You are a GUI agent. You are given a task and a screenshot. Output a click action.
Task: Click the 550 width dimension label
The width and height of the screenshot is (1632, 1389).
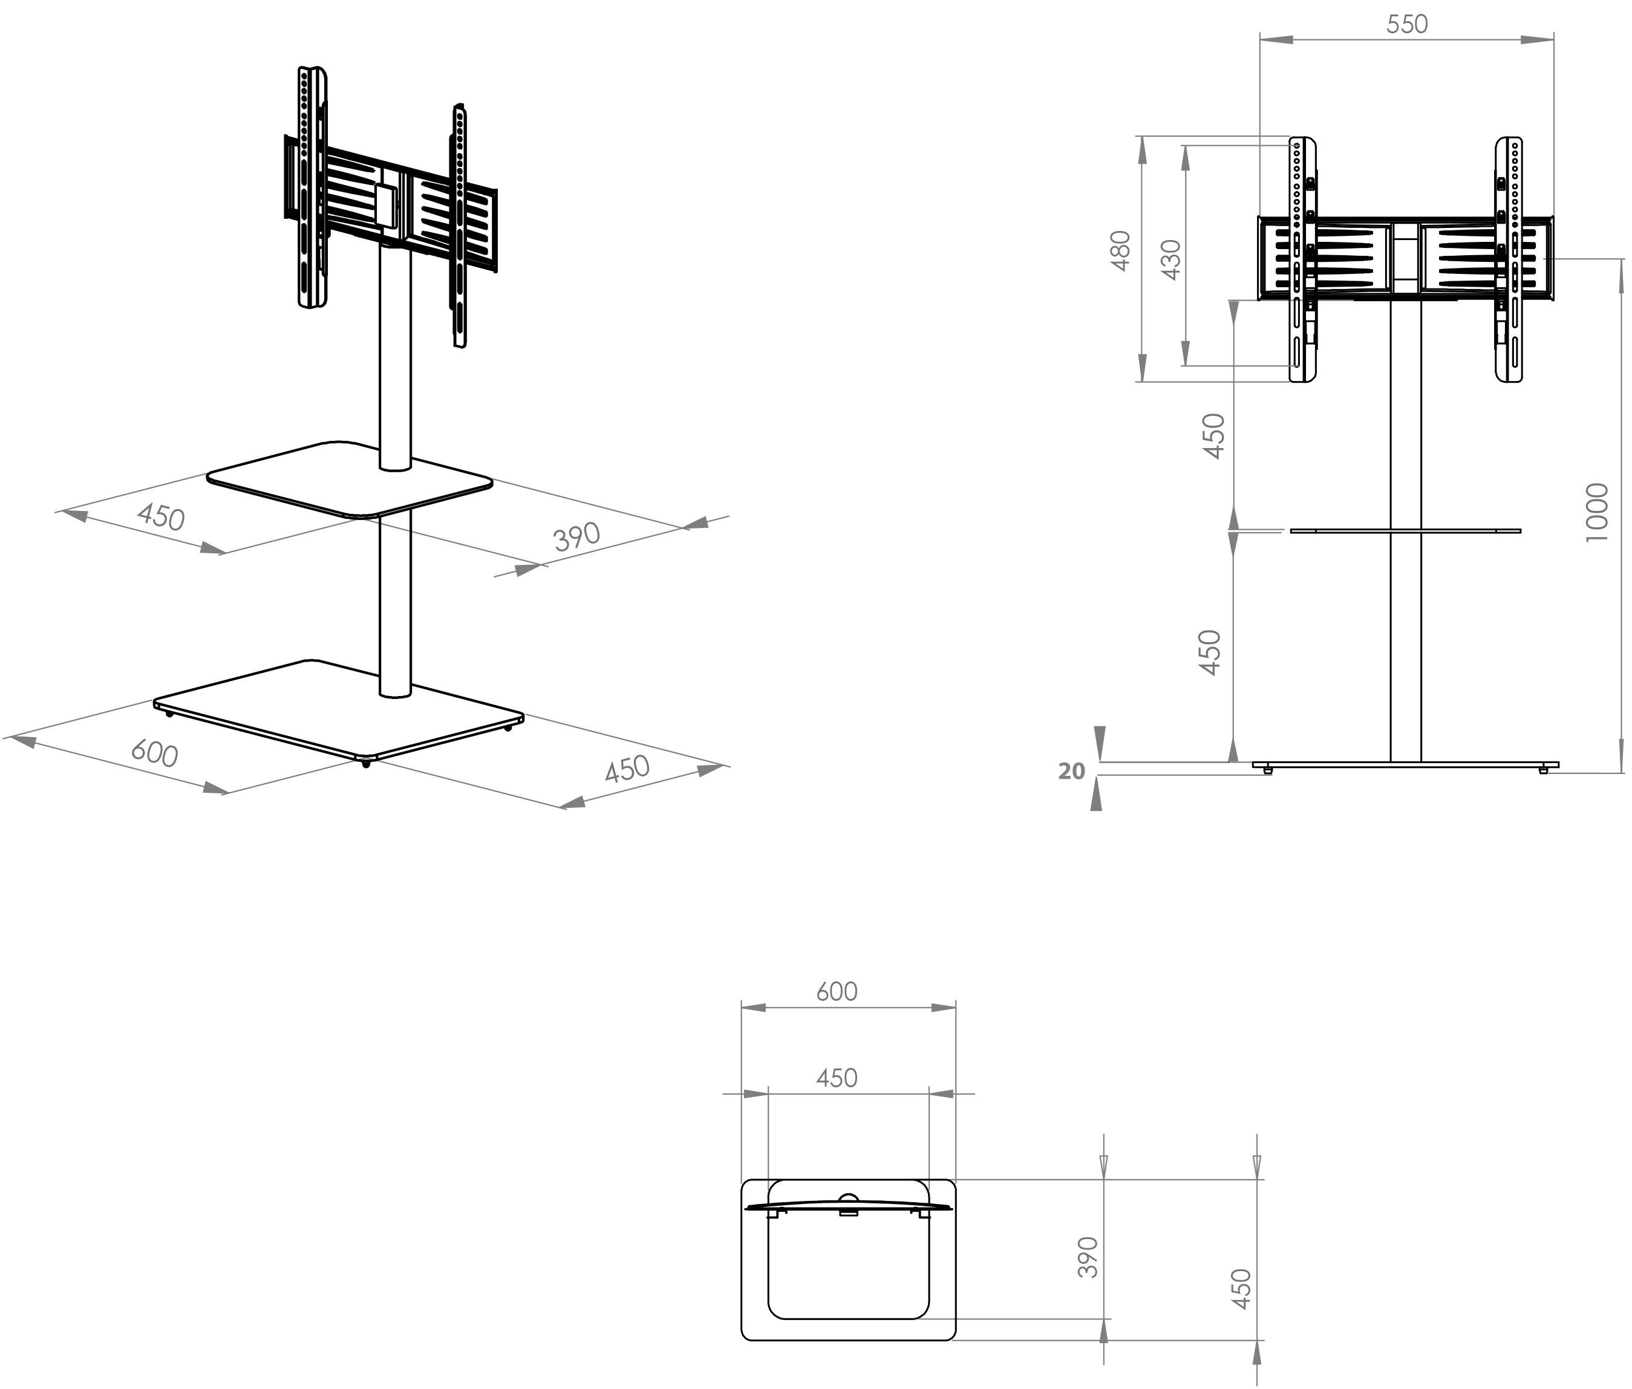point(1407,24)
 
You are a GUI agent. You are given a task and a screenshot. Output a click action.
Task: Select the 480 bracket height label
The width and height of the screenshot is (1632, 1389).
point(1121,250)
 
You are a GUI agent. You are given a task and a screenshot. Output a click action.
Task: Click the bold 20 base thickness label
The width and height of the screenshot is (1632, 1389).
point(1071,772)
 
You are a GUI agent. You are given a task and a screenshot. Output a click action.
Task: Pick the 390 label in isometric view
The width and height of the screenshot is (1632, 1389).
point(576,537)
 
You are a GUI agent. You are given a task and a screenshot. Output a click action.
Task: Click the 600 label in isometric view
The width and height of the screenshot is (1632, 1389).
point(154,753)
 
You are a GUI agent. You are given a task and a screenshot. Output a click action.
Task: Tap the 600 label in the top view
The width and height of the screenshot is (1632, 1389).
point(836,991)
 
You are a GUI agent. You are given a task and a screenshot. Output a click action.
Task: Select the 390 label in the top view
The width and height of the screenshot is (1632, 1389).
point(1088,1258)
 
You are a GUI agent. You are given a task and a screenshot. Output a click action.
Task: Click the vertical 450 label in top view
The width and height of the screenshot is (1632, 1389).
point(1241,1289)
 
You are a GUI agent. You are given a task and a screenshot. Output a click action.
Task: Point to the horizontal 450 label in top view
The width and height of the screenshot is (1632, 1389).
point(836,1078)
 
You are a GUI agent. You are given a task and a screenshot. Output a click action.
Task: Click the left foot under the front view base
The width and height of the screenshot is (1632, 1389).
point(1267,772)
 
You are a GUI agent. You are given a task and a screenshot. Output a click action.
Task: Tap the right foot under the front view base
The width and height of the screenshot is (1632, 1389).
point(1543,772)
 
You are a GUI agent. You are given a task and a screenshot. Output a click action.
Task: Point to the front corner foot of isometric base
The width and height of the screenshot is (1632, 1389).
point(365,764)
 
